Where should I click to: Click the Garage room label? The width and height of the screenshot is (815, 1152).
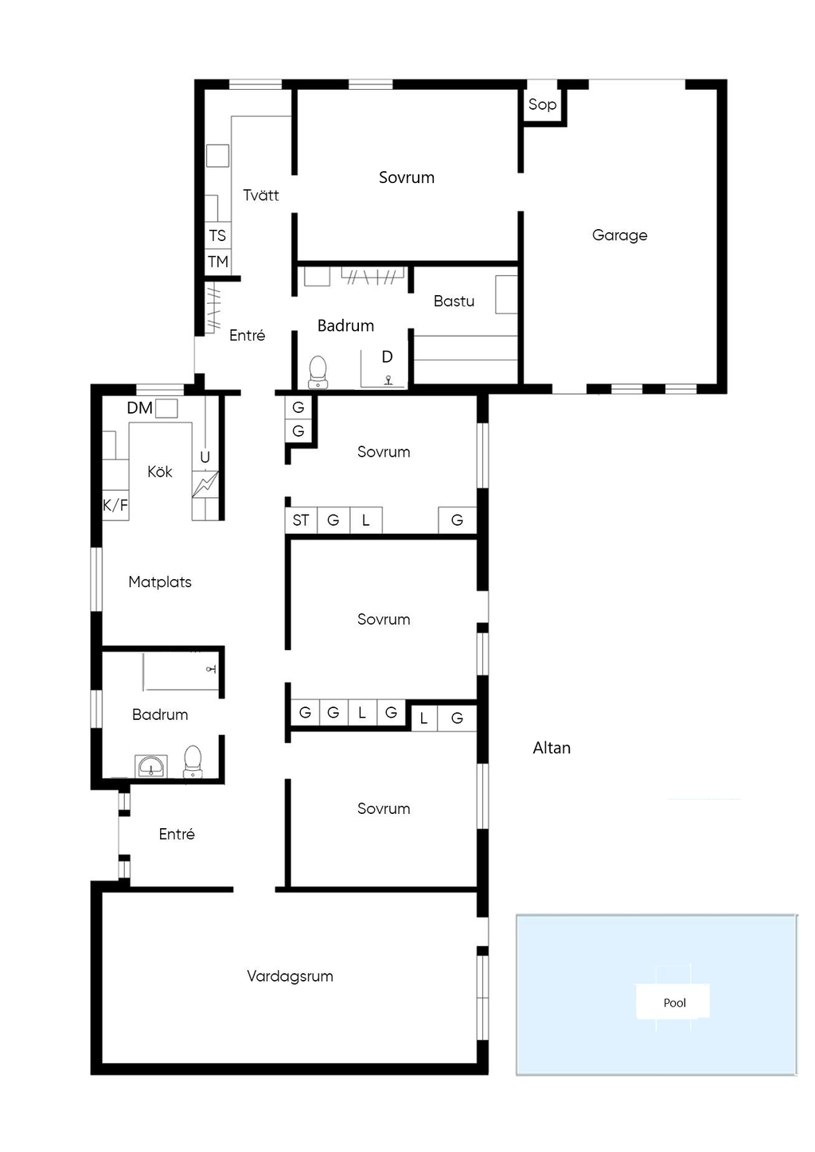pos(619,235)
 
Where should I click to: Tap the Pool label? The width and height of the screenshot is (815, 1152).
pos(675,1003)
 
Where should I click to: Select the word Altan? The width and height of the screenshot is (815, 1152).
pos(552,748)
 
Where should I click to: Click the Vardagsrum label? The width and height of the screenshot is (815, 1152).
pos(290,976)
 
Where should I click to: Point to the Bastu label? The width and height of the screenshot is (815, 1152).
pos(454,301)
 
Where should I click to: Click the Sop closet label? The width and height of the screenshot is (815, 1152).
pos(542,104)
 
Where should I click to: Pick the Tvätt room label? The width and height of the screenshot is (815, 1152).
pos(261,195)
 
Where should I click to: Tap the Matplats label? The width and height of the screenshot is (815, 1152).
pos(160,582)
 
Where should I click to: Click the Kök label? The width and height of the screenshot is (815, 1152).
pos(159,472)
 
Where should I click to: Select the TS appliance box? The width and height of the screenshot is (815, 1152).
pos(217,235)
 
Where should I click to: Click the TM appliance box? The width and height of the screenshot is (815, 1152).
pos(217,262)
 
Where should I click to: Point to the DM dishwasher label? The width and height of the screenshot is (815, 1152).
pos(139,408)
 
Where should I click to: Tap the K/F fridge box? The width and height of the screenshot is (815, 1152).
pos(115,505)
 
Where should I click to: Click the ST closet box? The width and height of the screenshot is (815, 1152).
pos(301,520)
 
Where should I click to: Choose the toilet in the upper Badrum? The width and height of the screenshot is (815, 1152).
pos(318,372)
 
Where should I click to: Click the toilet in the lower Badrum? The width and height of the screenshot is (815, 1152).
pos(193,761)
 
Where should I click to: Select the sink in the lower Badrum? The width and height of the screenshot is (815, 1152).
pos(150,766)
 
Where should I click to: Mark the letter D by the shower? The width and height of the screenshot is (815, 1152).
pos(387,356)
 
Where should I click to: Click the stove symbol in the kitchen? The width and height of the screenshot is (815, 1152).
pos(205,485)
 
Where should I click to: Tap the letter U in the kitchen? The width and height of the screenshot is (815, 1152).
pos(205,457)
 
